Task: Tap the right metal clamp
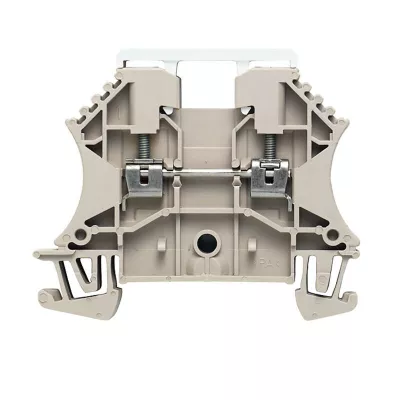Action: click(266, 178)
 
